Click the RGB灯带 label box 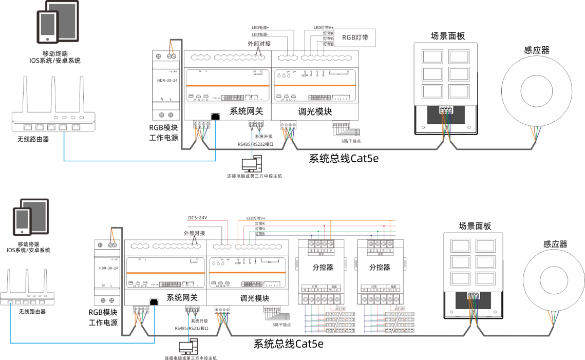coord(355,37)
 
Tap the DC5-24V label coord(198,218)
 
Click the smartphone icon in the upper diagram coord(48,27)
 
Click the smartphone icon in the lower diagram coord(22,221)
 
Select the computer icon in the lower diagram coord(186,347)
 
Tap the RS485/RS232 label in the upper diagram coord(255,145)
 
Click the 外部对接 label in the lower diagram coord(195,233)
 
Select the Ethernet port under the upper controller coord(215,116)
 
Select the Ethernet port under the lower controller coord(153,301)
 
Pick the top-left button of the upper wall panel coord(432,56)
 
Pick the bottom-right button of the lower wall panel coord(485,278)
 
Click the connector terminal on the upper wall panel coord(446,109)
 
